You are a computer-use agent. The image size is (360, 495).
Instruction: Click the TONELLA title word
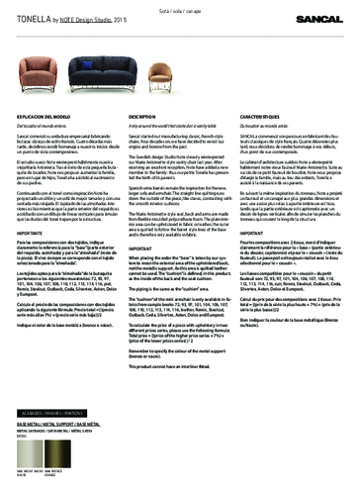(30, 18)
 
